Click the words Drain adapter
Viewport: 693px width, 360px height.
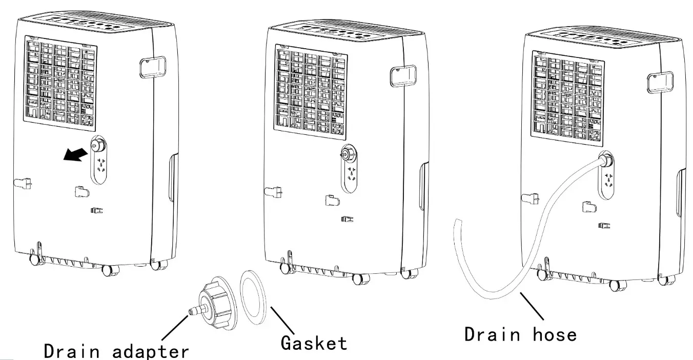click(116, 350)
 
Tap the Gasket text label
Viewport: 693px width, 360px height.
click(314, 342)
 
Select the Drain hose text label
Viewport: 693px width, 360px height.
click(520, 334)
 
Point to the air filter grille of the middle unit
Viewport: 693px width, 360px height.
click(311, 92)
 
